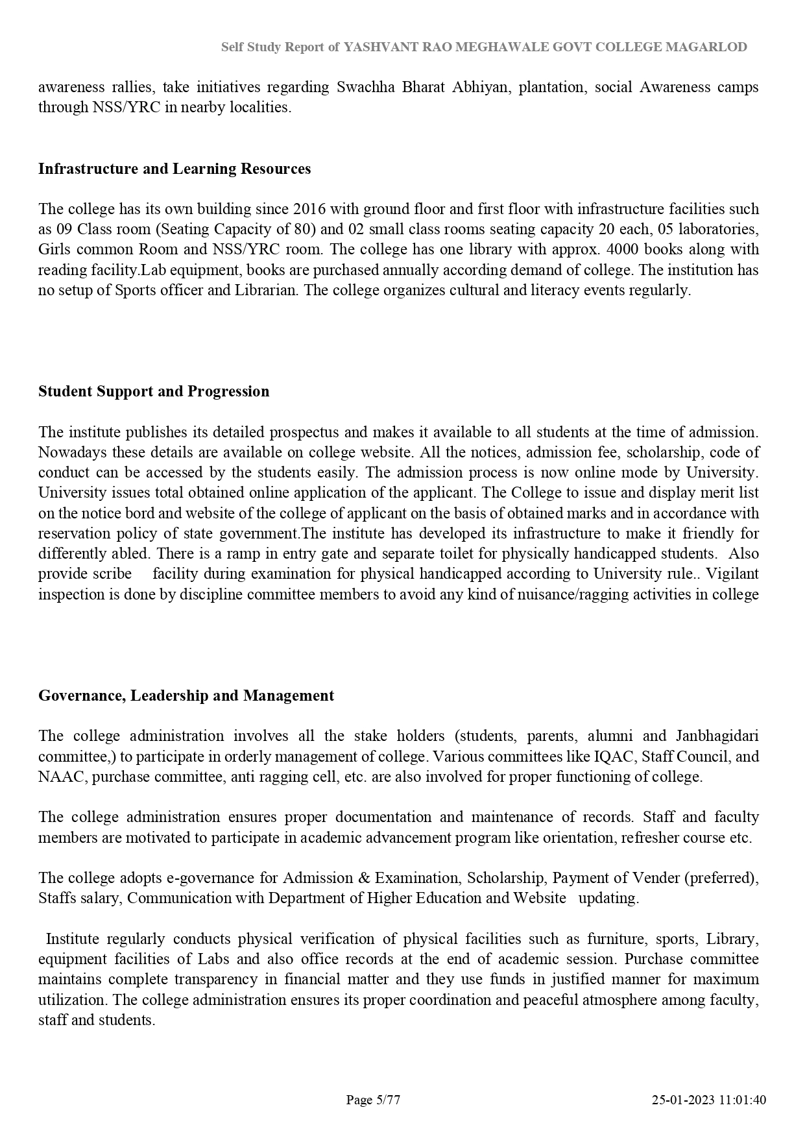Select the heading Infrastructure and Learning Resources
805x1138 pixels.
pyautogui.click(x=174, y=169)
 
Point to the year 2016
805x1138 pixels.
pyautogui.click(x=310, y=209)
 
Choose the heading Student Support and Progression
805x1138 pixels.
pyautogui.click(x=154, y=391)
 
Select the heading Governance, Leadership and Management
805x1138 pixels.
pyautogui.click(x=186, y=696)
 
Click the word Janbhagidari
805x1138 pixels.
pyautogui.click(x=717, y=736)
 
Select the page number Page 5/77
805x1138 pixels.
pyautogui.click(x=373, y=1100)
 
